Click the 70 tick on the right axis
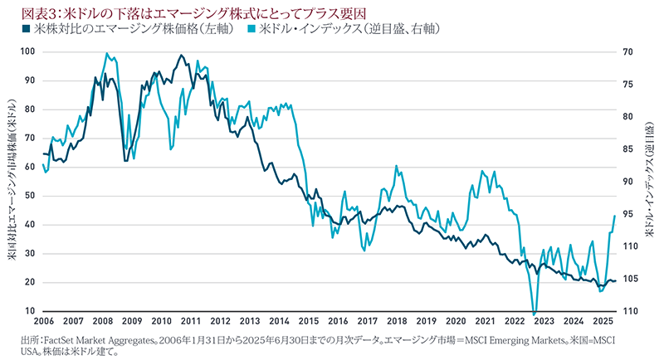click(x=628, y=51)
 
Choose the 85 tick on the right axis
click(x=628, y=149)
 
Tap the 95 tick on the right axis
click(x=628, y=214)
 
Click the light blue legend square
click(x=255, y=29)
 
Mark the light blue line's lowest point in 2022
click(x=534, y=309)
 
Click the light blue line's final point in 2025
click(x=614, y=216)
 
